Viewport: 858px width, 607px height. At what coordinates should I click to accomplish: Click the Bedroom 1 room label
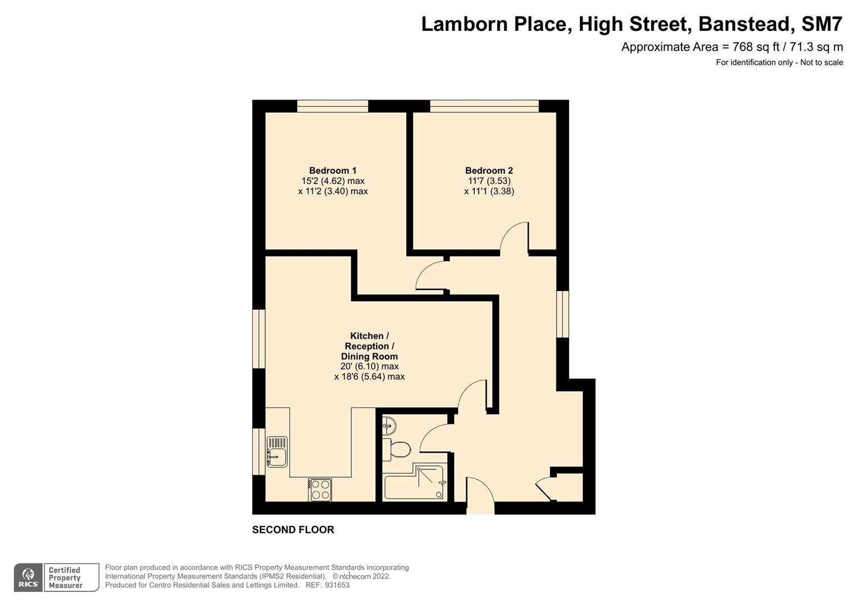pyautogui.click(x=333, y=170)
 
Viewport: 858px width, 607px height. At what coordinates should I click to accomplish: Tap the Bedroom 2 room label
pyautogui.click(x=489, y=170)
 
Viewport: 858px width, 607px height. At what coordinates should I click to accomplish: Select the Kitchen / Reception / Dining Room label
pyautogui.click(x=369, y=346)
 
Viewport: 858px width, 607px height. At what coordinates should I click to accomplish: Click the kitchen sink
pyautogui.click(x=277, y=452)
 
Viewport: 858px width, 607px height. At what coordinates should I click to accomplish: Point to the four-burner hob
pyautogui.click(x=320, y=490)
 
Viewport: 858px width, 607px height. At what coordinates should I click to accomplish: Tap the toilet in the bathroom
pyautogui.click(x=397, y=449)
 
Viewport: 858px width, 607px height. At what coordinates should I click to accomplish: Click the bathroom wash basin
pyautogui.click(x=389, y=425)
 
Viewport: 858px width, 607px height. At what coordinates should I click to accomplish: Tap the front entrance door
pyautogui.click(x=480, y=495)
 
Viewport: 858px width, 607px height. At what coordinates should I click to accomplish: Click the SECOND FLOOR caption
pyautogui.click(x=293, y=529)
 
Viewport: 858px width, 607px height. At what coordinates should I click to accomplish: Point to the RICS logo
pyautogui.click(x=28, y=578)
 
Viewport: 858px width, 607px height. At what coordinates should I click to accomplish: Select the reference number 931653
pyautogui.click(x=337, y=585)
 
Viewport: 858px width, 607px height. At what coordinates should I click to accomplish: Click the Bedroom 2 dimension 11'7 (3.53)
pyautogui.click(x=489, y=181)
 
